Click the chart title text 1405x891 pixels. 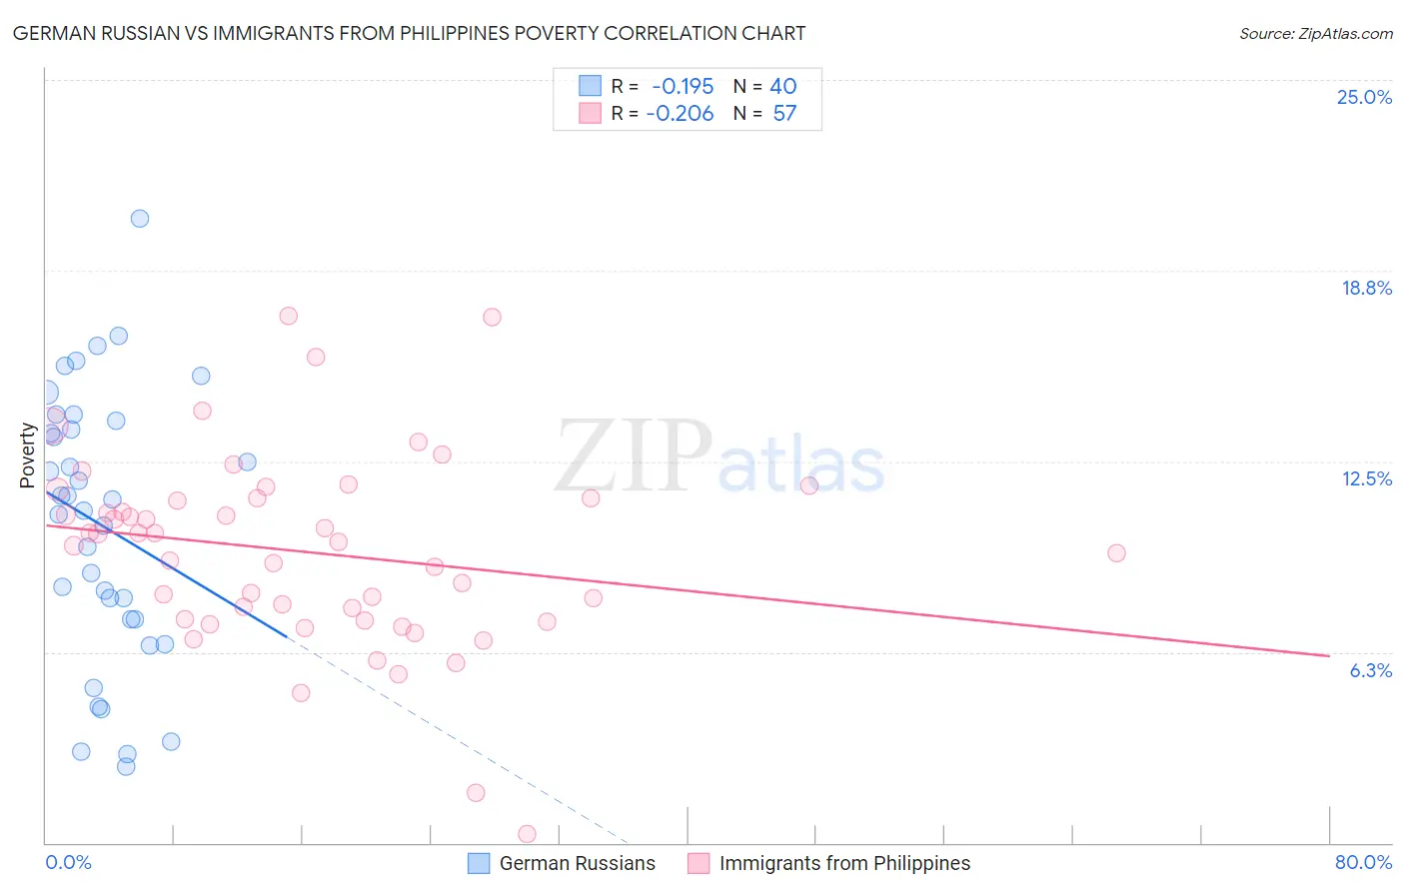409,33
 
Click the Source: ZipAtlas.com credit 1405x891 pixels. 1315,33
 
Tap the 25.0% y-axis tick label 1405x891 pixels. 1364,97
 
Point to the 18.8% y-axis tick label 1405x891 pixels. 1366,288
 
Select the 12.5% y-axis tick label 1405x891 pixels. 1366,478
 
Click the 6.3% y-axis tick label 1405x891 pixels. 1370,670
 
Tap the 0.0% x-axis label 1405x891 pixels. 68,862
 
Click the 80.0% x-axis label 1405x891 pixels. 1363,862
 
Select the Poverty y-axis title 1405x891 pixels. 27,455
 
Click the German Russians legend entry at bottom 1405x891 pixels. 577,863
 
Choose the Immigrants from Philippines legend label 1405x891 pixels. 844,863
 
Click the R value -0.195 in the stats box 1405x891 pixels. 683,87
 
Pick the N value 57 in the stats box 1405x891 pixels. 784,114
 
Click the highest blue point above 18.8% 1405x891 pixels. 140,219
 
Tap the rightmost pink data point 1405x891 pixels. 1116,553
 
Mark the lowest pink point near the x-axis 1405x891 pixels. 527,834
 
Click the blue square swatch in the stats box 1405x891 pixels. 590,87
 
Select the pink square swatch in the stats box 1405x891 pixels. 590,114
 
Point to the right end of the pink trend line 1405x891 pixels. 1329,655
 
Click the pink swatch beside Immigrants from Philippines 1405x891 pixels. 699,863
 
